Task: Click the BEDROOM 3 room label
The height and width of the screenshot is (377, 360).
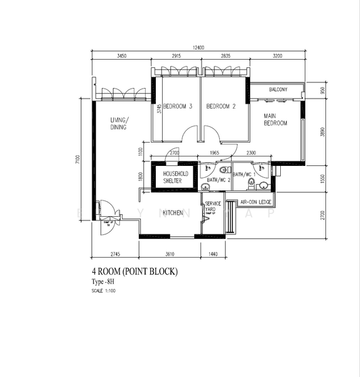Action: point(178,107)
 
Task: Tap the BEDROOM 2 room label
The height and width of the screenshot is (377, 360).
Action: point(221,107)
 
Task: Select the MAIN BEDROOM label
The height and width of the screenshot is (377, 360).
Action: point(275,119)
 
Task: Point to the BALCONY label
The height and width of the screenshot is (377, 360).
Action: point(278,90)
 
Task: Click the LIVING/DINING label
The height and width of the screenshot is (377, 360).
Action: point(119,123)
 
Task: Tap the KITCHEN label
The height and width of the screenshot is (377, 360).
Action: point(173,213)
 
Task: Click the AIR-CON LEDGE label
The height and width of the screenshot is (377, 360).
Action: point(256,202)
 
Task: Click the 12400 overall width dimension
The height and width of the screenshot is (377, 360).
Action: point(199,48)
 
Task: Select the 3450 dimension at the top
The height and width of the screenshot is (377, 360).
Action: point(122,57)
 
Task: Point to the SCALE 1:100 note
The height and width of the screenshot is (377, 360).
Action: point(104,291)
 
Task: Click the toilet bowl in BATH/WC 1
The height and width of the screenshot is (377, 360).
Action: point(252,184)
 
